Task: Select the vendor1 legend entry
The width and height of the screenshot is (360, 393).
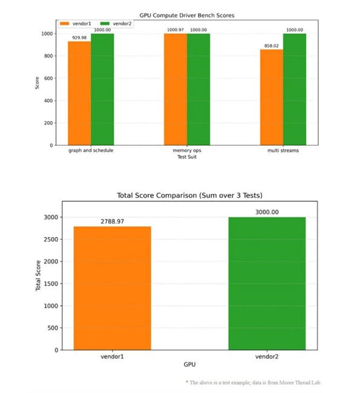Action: pyautogui.click(x=76, y=23)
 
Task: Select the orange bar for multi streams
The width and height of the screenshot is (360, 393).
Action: pyautogui.click(x=272, y=97)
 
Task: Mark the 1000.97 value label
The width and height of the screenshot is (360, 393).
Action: pyautogui.click(x=175, y=30)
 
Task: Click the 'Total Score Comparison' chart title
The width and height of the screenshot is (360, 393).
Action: pyautogui.click(x=189, y=195)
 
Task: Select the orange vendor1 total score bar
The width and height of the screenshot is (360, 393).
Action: pyautogui.click(x=112, y=288)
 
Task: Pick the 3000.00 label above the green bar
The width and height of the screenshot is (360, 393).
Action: pyautogui.click(x=267, y=212)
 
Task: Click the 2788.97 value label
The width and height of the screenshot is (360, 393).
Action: pyautogui.click(x=112, y=222)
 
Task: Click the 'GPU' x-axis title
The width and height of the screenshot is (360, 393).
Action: pyautogui.click(x=189, y=366)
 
